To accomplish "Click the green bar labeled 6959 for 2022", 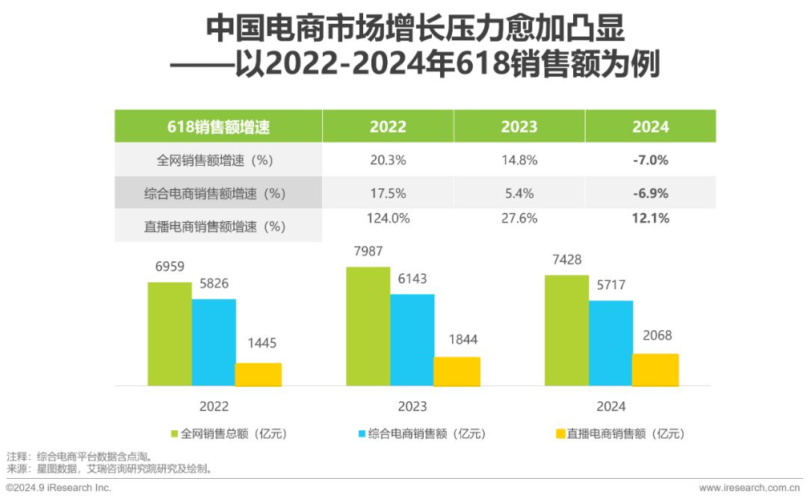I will (x=170, y=334).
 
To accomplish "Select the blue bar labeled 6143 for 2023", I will (x=412, y=340).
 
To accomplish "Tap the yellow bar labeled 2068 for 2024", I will (x=655, y=370).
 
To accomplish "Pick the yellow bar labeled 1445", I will (x=259, y=374).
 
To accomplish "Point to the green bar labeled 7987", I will (x=368, y=326).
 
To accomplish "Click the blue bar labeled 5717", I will (x=611, y=343).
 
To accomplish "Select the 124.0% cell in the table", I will (x=388, y=219).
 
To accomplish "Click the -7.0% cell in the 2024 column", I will (x=650, y=160).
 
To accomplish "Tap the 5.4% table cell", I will (x=519, y=193).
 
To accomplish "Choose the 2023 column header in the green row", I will (x=519, y=126).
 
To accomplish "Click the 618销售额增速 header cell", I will (x=218, y=126).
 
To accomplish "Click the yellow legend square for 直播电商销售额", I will (x=560, y=433).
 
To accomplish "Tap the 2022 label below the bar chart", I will (x=214, y=406).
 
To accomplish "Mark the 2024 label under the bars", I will (x=610, y=406).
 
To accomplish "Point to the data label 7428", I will (x=566, y=259).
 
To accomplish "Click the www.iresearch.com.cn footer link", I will (x=749, y=488).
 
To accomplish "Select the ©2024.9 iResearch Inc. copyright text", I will (x=58, y=488).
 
